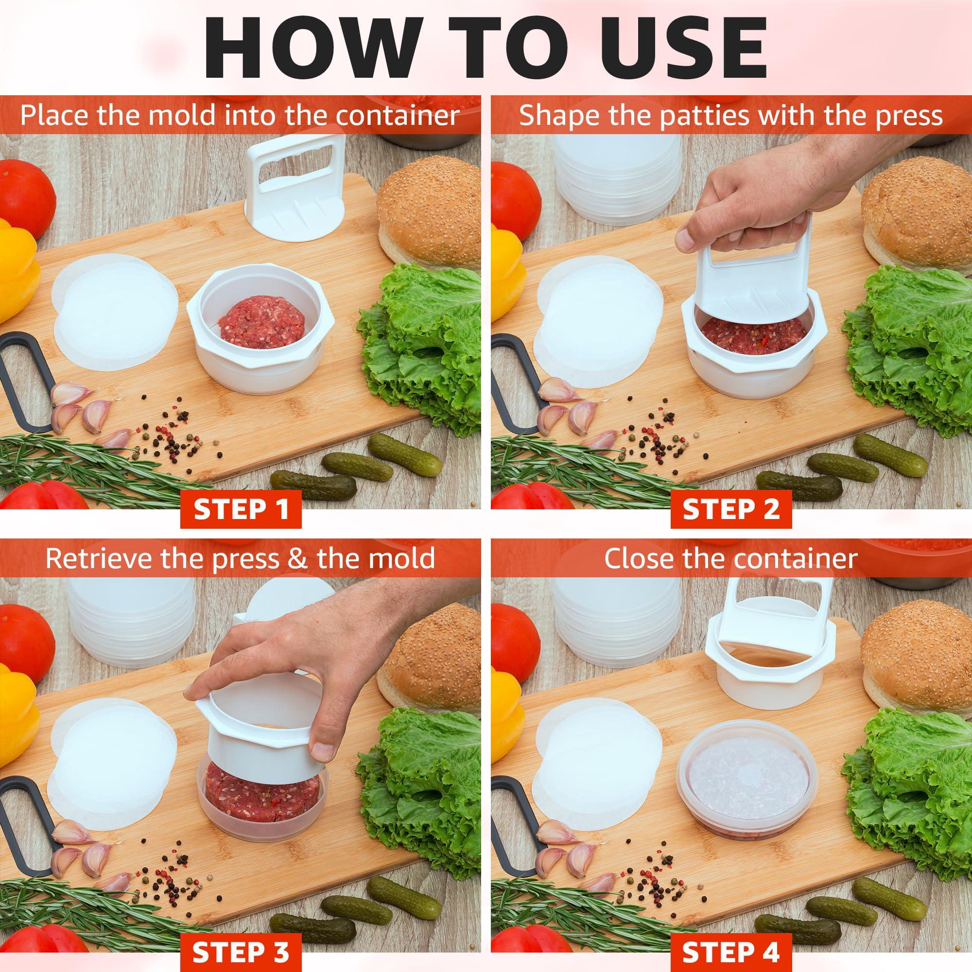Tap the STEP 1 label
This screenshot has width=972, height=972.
(241, 509)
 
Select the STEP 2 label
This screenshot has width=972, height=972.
(731, 509)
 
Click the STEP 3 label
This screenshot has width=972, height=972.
(241, 949)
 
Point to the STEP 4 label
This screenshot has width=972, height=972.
(731, 949)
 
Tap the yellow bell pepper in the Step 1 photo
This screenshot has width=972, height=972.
(17, 272)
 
